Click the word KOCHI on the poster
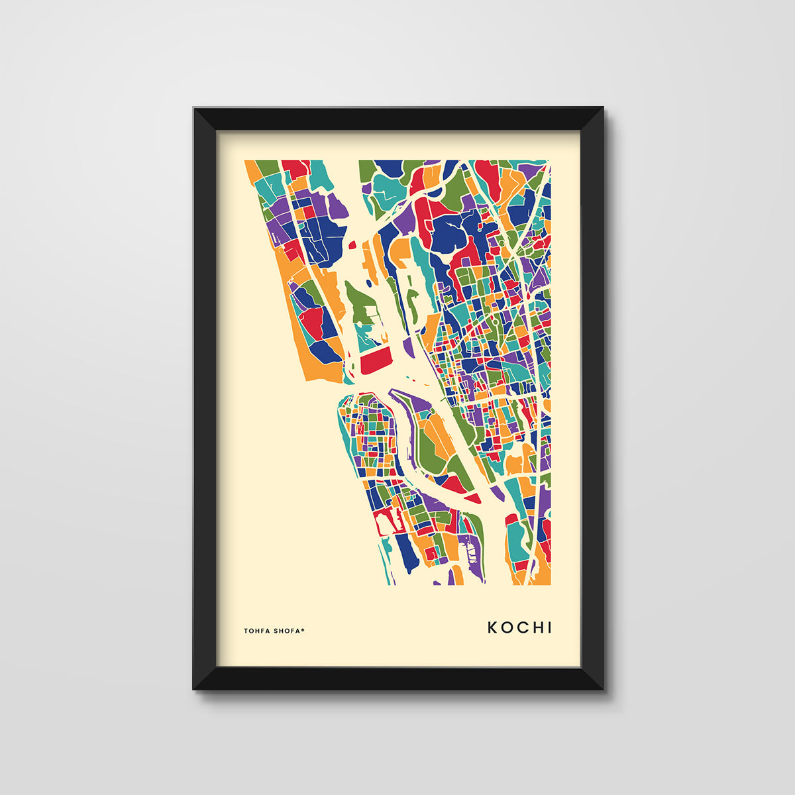click(519, 627)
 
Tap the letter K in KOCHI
click(493, 627)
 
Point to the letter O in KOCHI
click(507, 627)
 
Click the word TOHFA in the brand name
click(257, 631)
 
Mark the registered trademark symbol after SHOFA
click(303, 629)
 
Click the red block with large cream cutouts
click(388, 522)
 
